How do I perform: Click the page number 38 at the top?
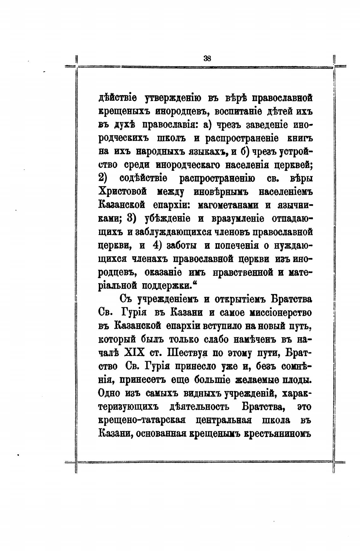pos(207,58)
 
